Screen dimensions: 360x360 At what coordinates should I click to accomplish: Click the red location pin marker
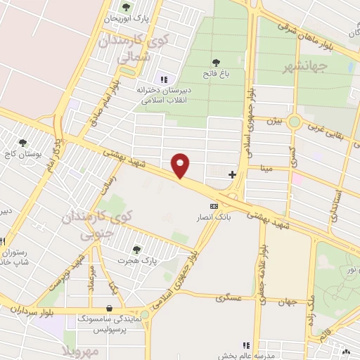click(181, 165)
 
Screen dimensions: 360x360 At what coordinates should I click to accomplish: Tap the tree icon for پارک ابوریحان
click(127, 7)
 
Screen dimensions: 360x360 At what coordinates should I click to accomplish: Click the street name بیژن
click(274, 121)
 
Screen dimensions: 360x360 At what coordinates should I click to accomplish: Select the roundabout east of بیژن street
click(294, 122)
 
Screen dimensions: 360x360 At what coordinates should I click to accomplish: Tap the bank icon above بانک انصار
click(214, 205)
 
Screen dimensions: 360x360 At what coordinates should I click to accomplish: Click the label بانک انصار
click(214, 218)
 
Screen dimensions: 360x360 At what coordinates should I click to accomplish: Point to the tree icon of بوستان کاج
click(24, 143)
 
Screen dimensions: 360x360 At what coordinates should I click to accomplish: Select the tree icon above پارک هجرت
click(136, 248)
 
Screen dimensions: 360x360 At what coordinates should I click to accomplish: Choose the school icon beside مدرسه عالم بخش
click(245, 345)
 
